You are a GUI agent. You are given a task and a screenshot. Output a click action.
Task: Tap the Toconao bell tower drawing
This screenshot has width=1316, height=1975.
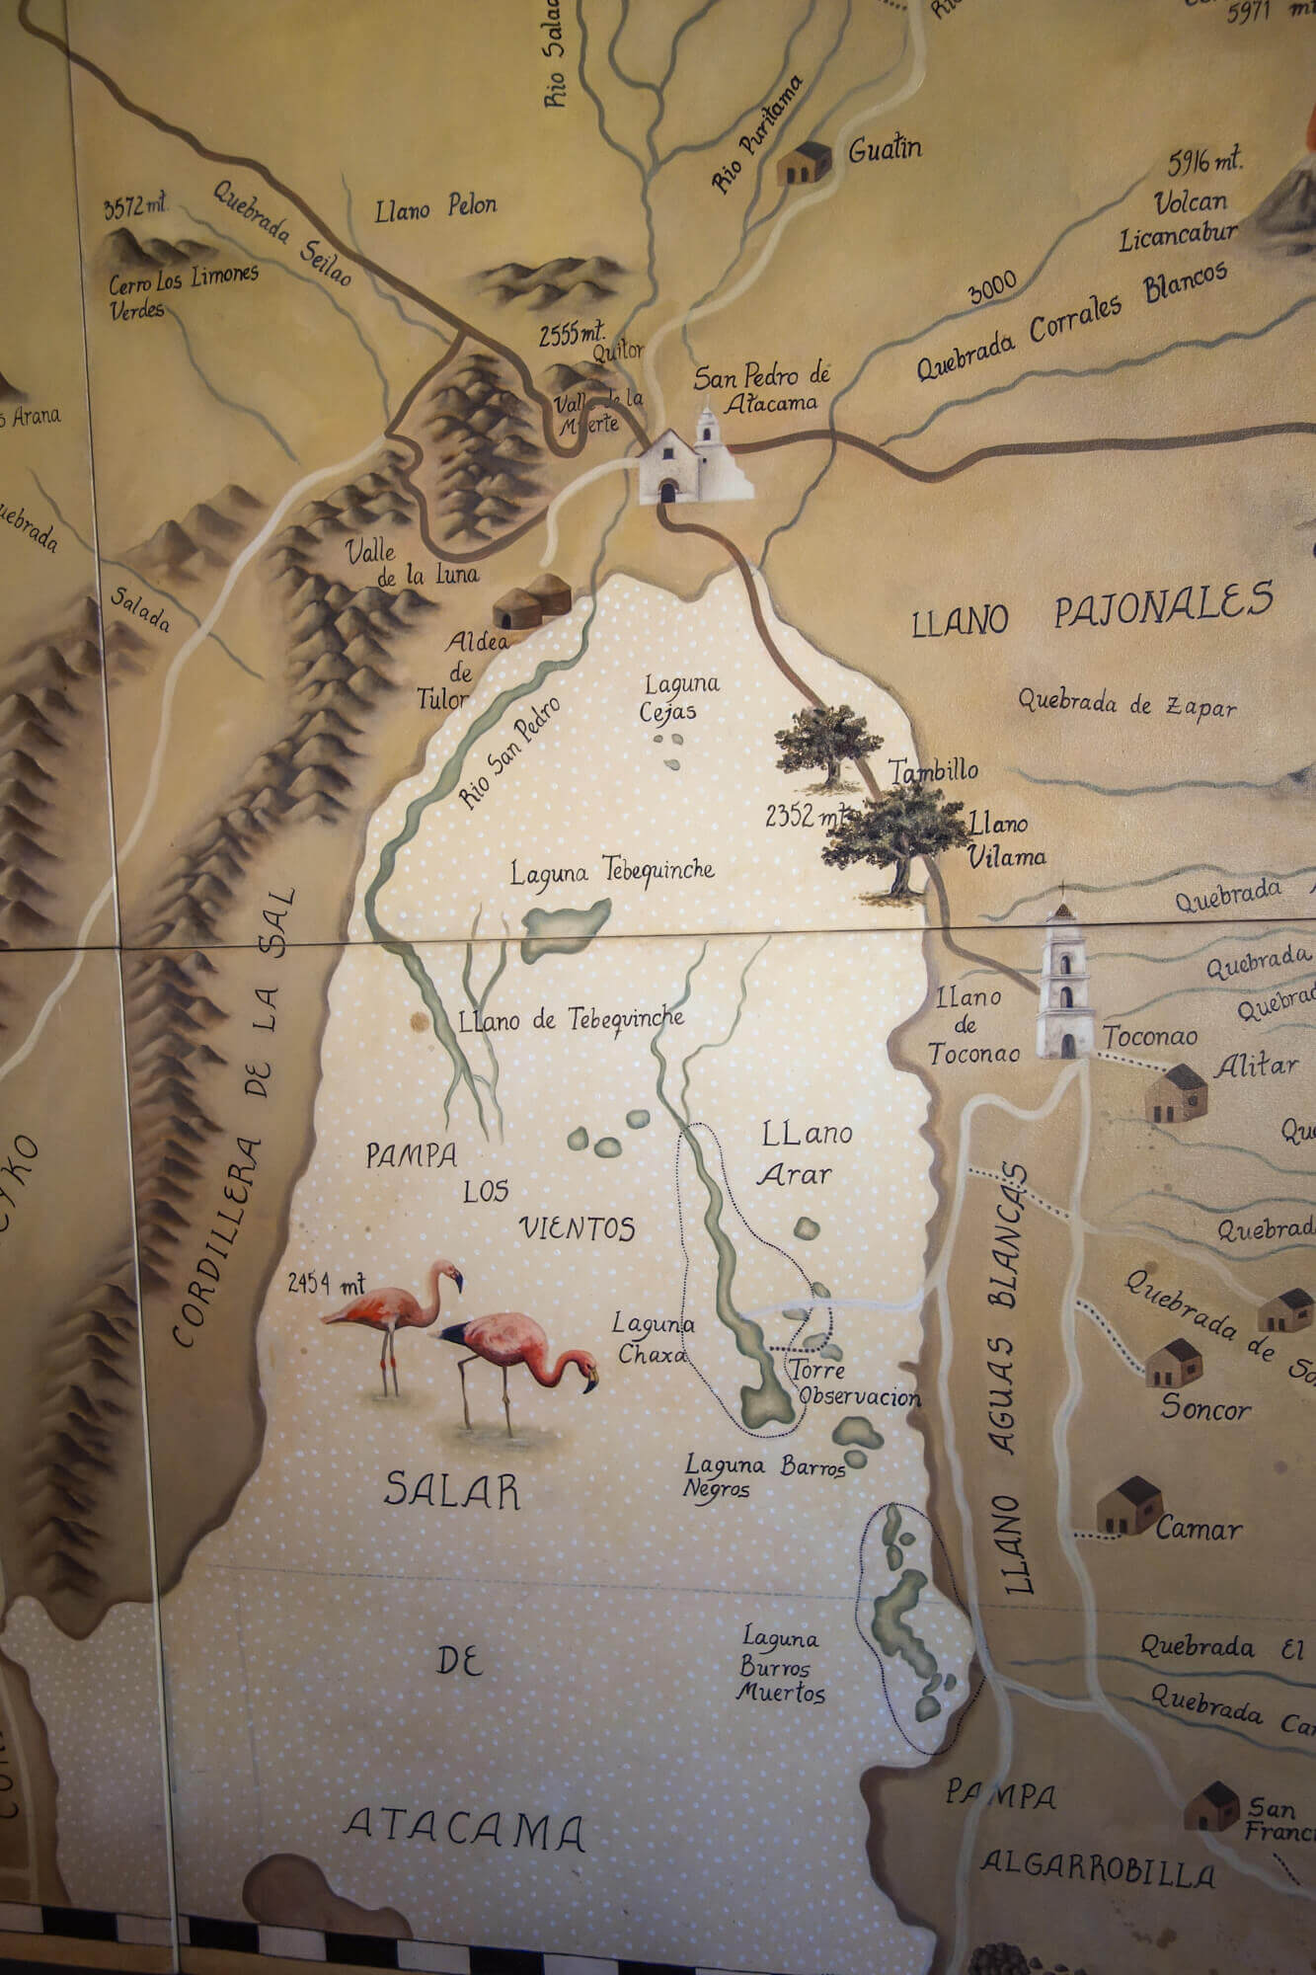pos(1064,983)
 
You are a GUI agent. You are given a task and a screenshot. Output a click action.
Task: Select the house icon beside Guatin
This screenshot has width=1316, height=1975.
pos(804,164)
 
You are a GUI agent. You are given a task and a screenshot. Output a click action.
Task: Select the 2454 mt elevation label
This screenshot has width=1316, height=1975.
pos(327,1284)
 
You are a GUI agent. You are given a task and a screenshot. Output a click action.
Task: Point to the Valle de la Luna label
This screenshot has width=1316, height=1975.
pos(413,563)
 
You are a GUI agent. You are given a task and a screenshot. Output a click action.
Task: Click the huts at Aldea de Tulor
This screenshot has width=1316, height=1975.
pos(533,601)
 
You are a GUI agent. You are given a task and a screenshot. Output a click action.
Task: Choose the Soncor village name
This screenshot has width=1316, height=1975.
pos(1205,1407)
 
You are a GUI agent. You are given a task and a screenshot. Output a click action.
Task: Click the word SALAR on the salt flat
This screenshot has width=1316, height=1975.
pos(451,1490)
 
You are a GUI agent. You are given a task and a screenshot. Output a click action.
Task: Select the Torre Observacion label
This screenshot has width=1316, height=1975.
pos(855,1383)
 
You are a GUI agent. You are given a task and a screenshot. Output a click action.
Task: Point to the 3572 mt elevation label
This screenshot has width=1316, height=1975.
pos(135,207)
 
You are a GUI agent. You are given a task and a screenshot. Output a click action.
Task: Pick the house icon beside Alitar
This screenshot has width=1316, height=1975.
pos(1176,1093)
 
